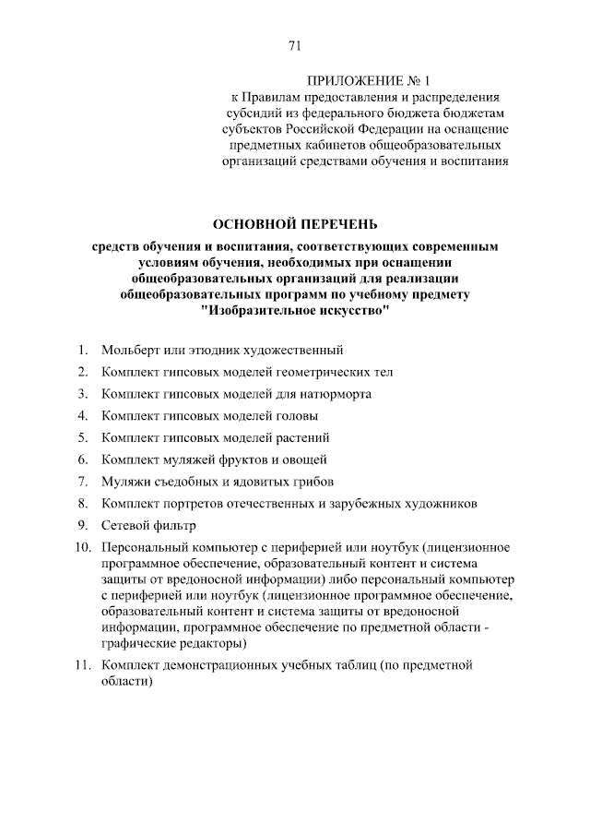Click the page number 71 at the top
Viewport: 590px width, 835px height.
(x=295, y=45)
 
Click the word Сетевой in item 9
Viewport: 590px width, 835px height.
(x=125, y=525)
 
